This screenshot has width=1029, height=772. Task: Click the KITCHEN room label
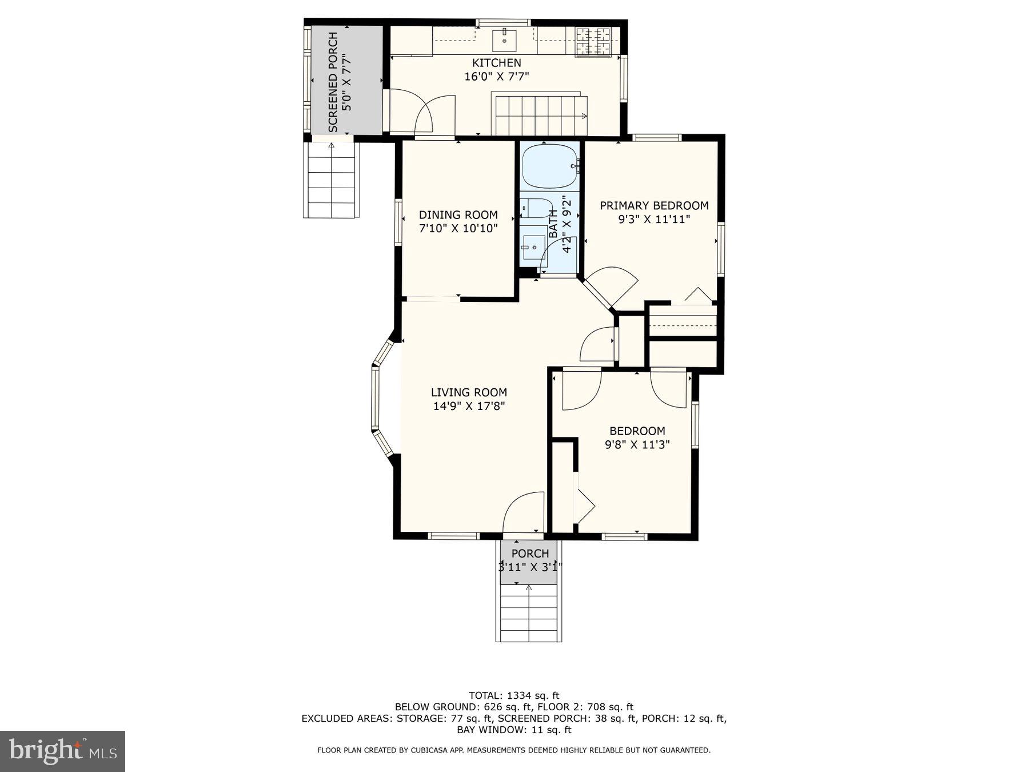pyautogui.click(x=496, y=63)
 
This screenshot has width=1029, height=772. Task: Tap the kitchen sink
pyautogui.click(x=504, y=39)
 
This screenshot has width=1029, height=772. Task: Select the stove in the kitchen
pyautogui.click(x=593, y=41)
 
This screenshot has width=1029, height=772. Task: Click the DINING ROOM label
pyautogui.click(x=458, y=215)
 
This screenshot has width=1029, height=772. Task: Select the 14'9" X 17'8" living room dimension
pyautogui.click(x=469, y=407)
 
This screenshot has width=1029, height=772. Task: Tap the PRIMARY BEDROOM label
pyautogui.click(x=654, y=206)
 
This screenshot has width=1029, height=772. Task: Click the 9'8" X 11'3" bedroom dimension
pyautogui.click(x=637, y=444)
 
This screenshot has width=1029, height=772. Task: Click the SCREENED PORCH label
pyautogui.click(x=333, y=82)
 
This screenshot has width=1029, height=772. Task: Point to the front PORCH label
pyautogui.click(x=530, y=554)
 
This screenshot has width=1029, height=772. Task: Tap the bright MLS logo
pyautogui.click(x=62, y=751)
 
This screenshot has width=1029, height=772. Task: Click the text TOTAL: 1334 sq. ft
pyautogui.click(x=513, y=695)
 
